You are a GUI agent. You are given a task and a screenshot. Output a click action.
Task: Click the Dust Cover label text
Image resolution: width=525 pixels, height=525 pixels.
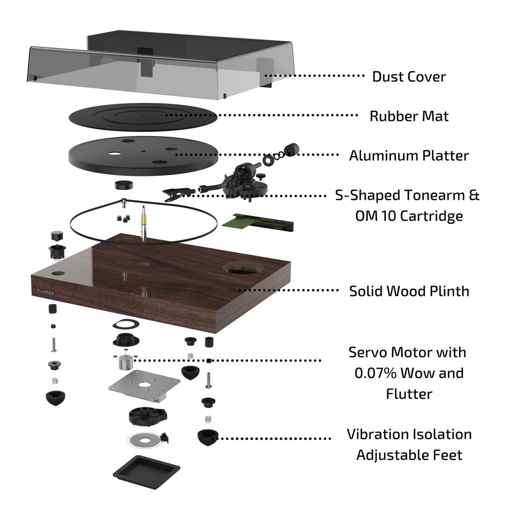[409, 77]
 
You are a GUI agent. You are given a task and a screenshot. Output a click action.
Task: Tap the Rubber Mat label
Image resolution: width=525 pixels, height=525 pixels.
[409, 116]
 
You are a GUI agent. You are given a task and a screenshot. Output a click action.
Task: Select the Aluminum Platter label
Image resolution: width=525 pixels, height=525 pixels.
[409, 156]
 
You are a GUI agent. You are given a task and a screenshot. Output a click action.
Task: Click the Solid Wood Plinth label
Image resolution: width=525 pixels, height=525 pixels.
[409, 291]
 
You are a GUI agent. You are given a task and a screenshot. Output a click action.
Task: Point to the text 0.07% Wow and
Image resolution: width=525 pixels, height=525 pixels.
[409, 373]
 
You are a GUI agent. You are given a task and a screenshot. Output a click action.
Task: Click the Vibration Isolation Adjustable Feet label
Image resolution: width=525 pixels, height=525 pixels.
[409, 444]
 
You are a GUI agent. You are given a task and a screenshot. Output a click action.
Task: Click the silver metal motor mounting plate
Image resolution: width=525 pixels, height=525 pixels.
[144, 387]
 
